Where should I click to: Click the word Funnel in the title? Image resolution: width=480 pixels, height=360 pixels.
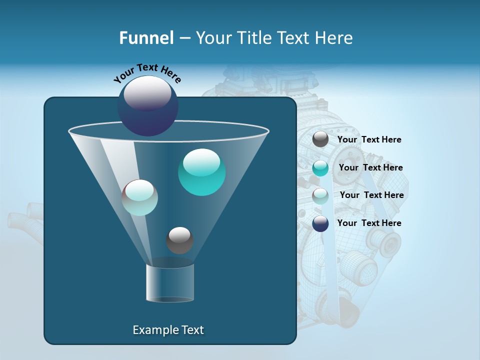[x=146, y=38]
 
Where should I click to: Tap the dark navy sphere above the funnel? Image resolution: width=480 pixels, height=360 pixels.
[x=147, y=105]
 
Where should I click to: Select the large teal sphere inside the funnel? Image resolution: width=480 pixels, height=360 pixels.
[x=201, y=172]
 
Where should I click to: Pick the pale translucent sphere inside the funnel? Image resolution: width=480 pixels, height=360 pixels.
[x=139, y=197]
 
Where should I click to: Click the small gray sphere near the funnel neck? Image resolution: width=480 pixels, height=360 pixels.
[x=179, y=240]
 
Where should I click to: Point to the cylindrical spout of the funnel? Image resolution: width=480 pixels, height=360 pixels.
[x=169, y=283]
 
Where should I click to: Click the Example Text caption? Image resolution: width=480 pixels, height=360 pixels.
[x=168, y=330]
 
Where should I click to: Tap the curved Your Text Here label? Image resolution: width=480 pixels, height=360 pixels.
[x=147, y=73]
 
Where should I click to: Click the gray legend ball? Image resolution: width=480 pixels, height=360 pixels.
[x=320, y=139]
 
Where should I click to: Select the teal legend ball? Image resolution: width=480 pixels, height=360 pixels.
[x=320, y=168]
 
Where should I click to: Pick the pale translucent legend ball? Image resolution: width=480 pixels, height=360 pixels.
[x=320, y=196]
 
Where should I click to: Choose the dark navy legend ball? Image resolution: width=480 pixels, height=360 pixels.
[x=320, y=223]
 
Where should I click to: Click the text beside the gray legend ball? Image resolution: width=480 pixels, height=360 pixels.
[x=369, y=140]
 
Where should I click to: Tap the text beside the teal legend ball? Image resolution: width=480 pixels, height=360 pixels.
[x=370, y=168]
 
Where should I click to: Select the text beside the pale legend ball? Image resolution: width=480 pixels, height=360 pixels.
[x=371, y=195]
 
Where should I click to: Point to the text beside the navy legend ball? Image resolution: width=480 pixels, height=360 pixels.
[x=369, y=223]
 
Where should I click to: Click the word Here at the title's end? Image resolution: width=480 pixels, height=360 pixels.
[x=334, y=38]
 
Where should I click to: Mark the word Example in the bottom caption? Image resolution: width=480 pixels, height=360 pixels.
[x=154, y=330]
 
